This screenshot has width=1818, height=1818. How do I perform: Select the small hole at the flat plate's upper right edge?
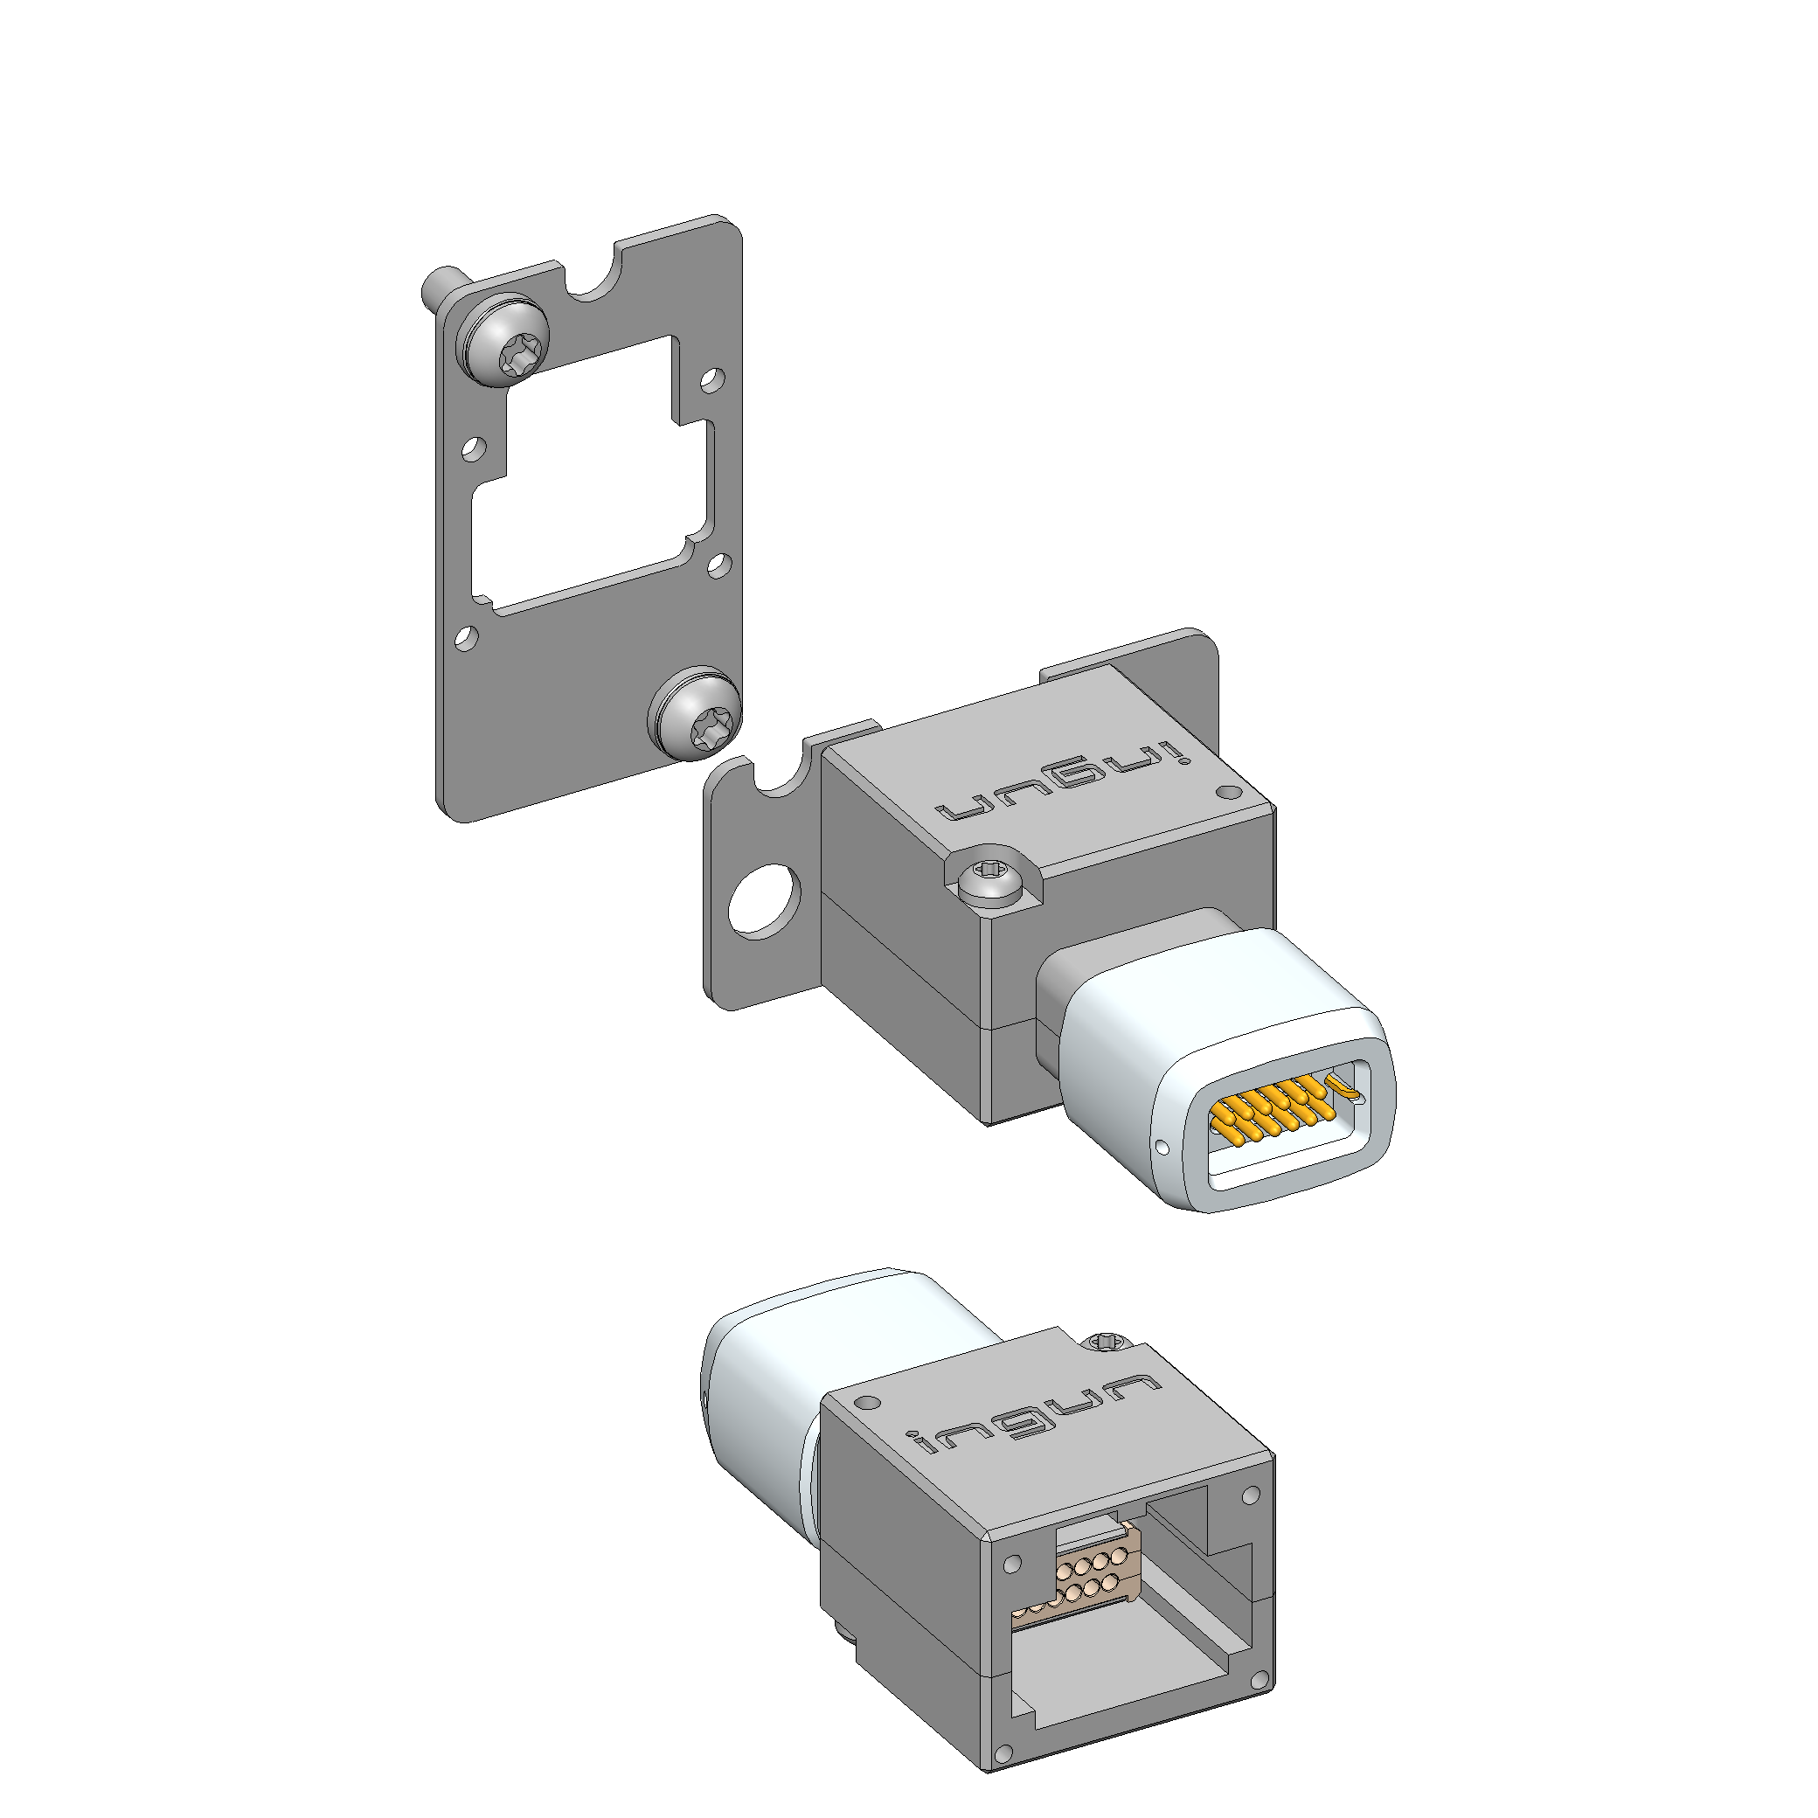click(711, 380)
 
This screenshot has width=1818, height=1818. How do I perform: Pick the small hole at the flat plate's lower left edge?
click(466, 638)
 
